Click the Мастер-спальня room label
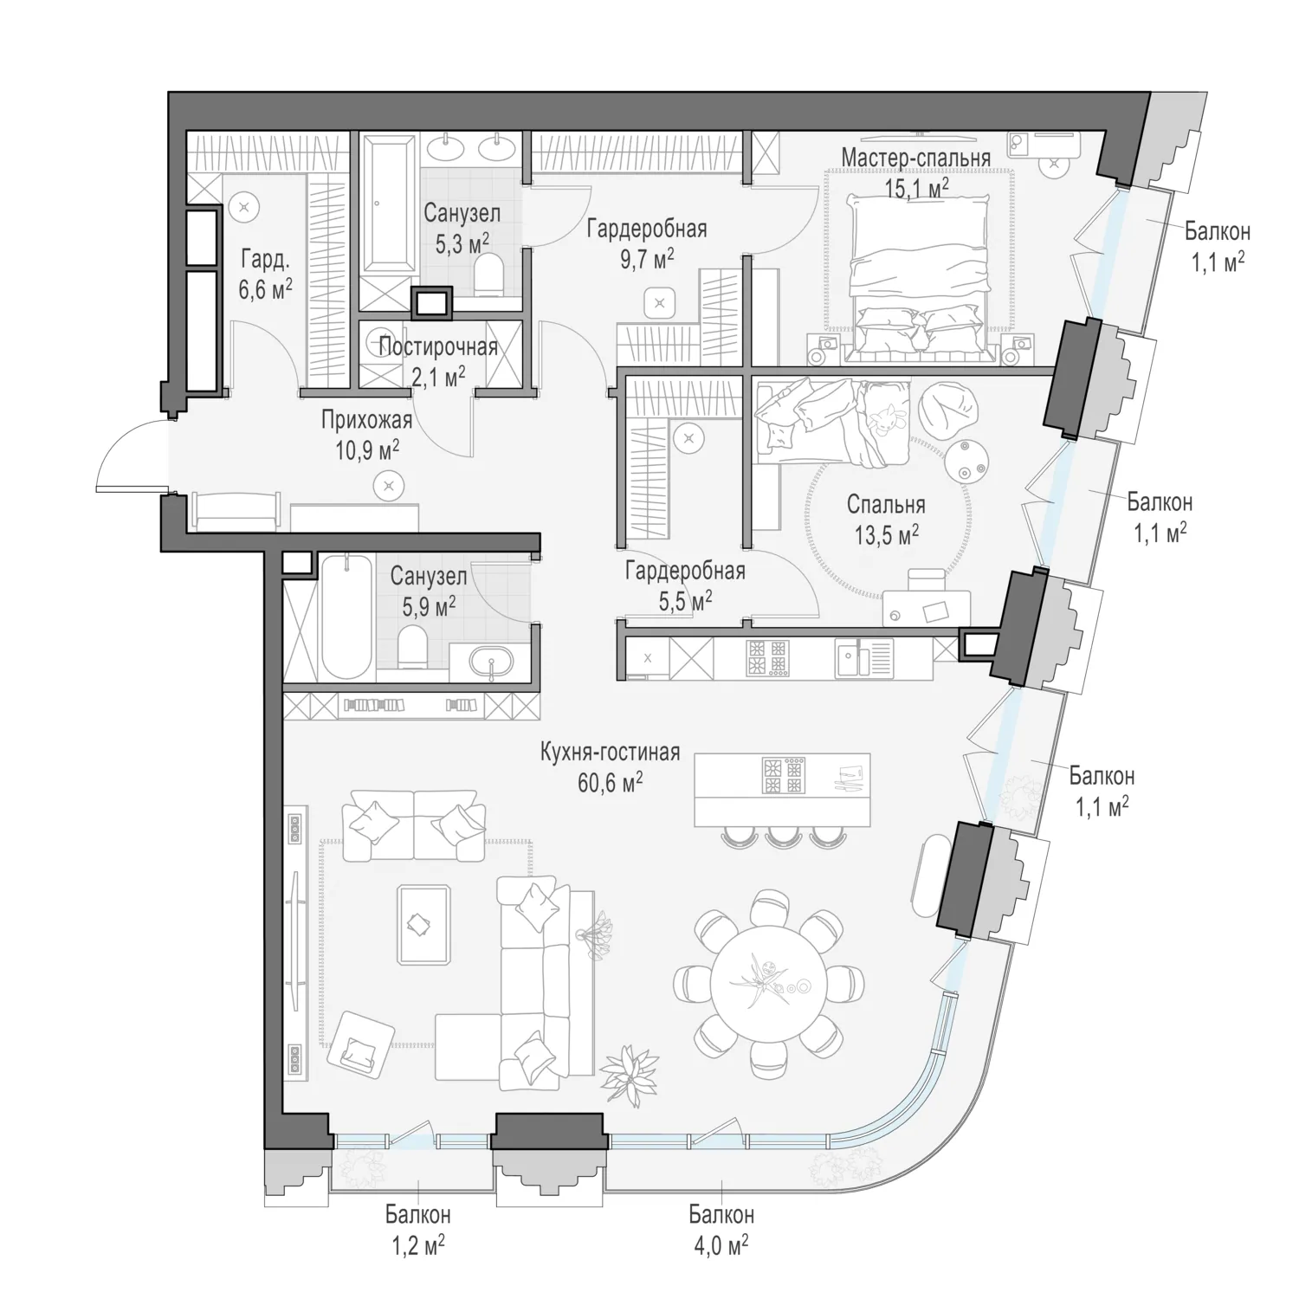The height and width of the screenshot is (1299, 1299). click(x=915, y=158)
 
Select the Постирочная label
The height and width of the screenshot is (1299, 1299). click(x=438, y=347)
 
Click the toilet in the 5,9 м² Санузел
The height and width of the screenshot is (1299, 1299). click(x=413, y=646)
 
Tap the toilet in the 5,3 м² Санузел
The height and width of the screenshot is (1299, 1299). click(x=490, y=275)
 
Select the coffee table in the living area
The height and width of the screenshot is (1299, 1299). click(x=423, y=924)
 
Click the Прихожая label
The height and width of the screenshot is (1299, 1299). click(x=366, y=421)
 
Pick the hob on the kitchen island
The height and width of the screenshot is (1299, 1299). click(x=783, y=776)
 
